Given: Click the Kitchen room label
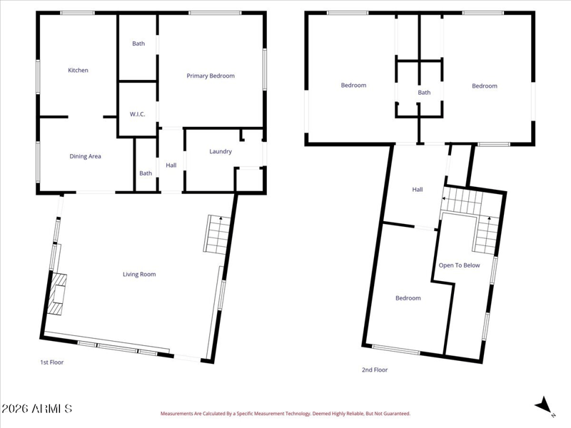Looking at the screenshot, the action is pyautogui.click(x=78, y=70).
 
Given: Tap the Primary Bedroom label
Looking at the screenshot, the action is pyautogui.click(x=211, y=76).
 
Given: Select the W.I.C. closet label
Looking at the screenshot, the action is pyautogui.click(x=137, y=114).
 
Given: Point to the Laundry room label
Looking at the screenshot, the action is pyautogui.click(x=221, y=151).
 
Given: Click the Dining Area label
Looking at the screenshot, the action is pyautogui.click(x=85, y=156).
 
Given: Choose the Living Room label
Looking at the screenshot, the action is pyautogui.click(x=139, y=275).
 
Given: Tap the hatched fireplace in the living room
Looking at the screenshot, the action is pyautogui.click(x=57, y=294).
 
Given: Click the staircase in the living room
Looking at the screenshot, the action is pyautogui.click(x=217, y=235).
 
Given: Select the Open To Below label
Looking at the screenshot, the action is pyautogui.click(x=459, y=265).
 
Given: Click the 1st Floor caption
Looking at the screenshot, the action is pyautogui.click(x=51, y=362).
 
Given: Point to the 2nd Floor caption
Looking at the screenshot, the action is pyautogui.click(x=375, y=370).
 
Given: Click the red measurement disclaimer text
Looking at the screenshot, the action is pyautogui.click(x=285, y=414).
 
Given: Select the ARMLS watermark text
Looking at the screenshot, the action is pyautogui.click(x=37, y=409).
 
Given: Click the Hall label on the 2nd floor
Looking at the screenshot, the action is pyautogui.click(x=418, y=190).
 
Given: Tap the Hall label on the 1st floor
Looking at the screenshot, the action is pyautogui.click(x=171, y=165).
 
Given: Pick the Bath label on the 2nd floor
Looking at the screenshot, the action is pyautogui.click(x=424, y=93).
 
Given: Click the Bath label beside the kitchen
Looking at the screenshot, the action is pyautogui.click(x=138, y=44).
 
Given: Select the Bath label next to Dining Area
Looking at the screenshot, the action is pyautogui.click(x=146, y=173).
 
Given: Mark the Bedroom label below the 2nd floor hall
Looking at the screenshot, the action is pyautogui.click(x=408, y=298).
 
